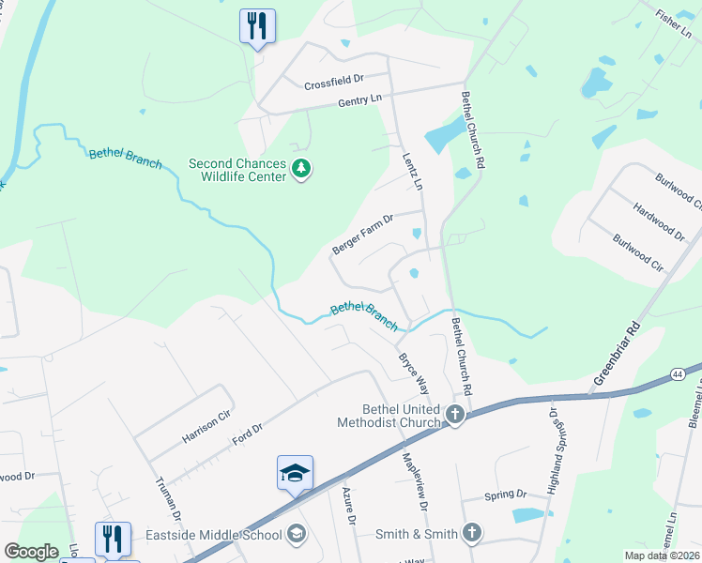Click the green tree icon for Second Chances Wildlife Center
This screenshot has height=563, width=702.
(301, 170)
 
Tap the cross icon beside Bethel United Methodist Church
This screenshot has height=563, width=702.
(455, 415)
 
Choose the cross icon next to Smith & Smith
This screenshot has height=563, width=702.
(471, 534)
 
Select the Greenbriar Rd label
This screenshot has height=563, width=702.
(616, 357)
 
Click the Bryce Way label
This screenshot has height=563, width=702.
(413, 372)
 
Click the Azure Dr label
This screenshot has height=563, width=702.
(349, 507)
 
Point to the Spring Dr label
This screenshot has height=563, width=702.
(505, 495)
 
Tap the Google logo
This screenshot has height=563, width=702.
(31, 552)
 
